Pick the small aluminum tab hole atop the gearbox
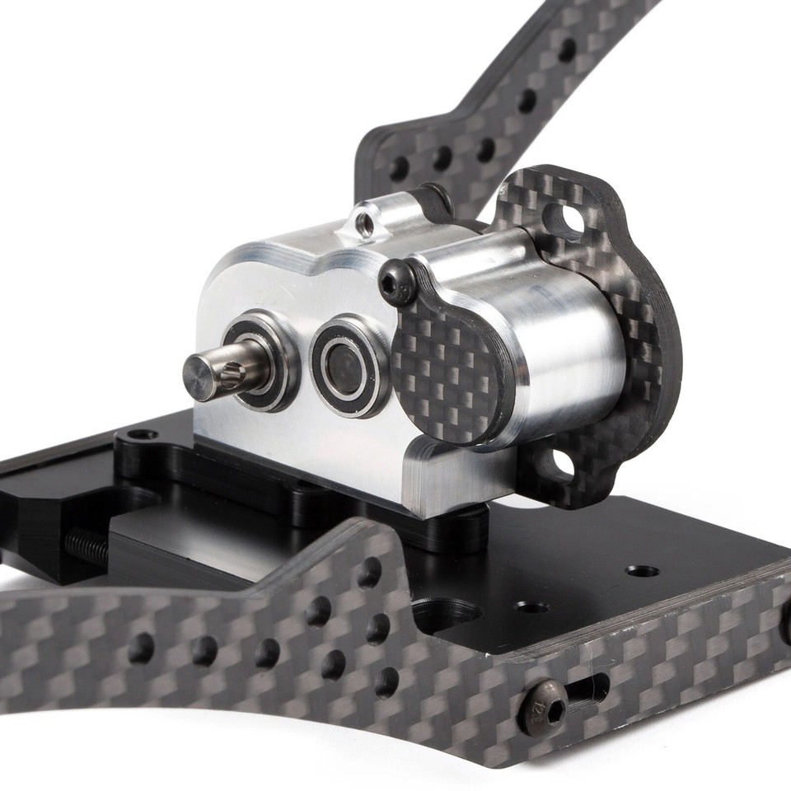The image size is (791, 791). [x=363, y=223]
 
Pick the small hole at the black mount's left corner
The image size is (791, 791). [x=143, y=433]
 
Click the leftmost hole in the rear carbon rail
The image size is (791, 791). [x=399, y=169]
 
